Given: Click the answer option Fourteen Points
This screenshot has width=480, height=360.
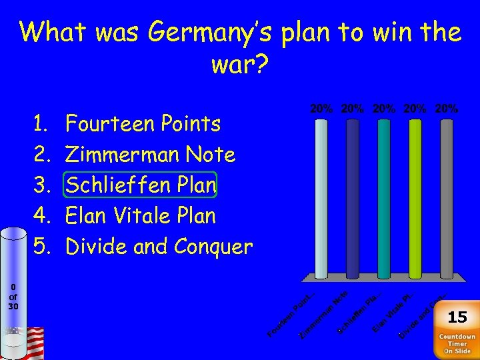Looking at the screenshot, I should [143, 124].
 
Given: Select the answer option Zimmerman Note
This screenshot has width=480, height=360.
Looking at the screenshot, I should [151, 155].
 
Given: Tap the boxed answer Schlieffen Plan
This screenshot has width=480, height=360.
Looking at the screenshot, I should [141, 185].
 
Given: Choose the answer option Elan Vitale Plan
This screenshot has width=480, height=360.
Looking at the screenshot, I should [141, 216].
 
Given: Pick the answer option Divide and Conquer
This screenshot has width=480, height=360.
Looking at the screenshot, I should [159, 247].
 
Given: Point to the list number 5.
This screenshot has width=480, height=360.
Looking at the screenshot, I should [42, 247].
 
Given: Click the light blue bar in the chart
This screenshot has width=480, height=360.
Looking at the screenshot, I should [321, 197].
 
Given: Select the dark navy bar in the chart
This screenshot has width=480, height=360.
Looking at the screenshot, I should [352, 197].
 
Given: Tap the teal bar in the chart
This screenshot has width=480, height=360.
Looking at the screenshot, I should [383, 197].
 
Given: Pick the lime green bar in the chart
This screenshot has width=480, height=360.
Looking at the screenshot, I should [415, 197].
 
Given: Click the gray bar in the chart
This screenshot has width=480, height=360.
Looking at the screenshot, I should [446, 197].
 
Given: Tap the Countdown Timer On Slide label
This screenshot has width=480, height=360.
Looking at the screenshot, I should [457, 345].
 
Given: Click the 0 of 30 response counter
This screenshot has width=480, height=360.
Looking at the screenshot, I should [13, 297].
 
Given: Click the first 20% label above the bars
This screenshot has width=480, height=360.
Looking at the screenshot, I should [321, 108].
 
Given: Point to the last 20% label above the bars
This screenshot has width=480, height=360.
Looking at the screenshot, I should [446, 108].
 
